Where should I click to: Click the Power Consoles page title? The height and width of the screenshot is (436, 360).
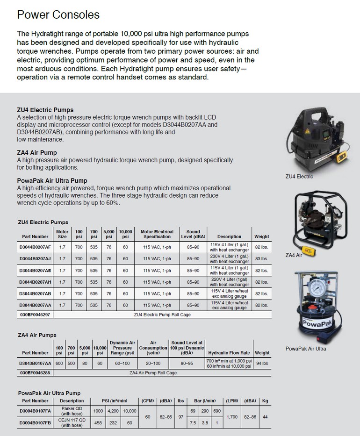coord(58,14)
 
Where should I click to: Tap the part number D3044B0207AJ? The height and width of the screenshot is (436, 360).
coord(35,258)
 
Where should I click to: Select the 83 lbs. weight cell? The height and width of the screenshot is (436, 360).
coord(261,258)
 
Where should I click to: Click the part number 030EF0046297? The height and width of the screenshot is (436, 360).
coord(35,315)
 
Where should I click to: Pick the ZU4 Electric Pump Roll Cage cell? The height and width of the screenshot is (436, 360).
coord(162,315)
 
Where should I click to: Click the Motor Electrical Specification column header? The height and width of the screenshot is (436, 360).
coord(157,234)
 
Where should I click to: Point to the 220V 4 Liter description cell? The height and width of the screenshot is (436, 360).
coord(229,281)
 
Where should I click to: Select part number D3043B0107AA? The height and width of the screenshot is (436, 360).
coord(35,363)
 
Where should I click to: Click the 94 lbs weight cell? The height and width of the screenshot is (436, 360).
coord(262,363)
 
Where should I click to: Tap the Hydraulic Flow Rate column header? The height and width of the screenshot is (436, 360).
coord(229,353)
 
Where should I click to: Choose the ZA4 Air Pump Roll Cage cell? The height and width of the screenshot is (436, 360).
coord(152,373)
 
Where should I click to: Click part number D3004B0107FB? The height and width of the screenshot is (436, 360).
coord(35,423)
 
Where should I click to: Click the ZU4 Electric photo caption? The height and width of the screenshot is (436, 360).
coord(299,177)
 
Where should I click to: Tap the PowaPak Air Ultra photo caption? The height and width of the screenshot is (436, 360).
coord(306,349)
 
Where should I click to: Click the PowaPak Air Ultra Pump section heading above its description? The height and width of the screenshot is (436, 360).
coord(52,180)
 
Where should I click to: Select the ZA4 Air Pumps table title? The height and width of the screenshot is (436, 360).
coord(36,335)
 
